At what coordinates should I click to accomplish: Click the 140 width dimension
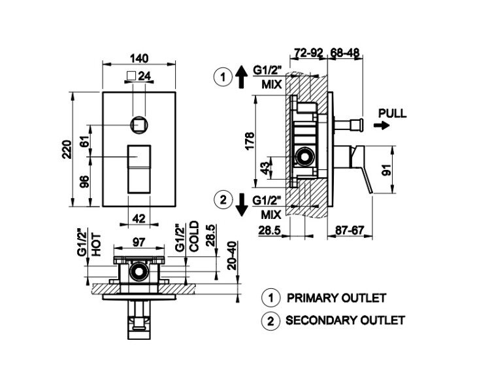[140, 56]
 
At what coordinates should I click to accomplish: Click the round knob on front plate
[139, 122]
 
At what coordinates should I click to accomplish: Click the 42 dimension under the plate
[139, 220]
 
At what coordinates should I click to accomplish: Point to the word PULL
[392, 112]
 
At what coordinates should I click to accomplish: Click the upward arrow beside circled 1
[240, 78]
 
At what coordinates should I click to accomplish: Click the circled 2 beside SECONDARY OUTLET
[269, 321]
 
